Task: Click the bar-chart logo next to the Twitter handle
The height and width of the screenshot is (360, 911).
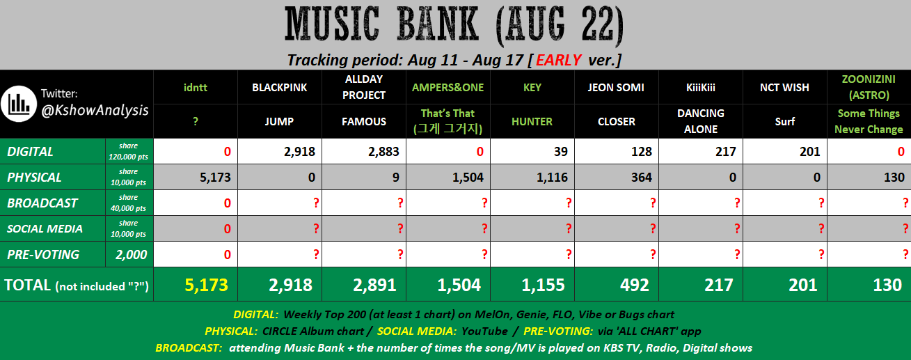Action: coord(19,104)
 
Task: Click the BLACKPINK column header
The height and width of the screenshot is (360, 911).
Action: coord(279,88)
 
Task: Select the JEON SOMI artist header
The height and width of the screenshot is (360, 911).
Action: coord(616,88)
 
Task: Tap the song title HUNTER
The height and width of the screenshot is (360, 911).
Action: coord(532,122)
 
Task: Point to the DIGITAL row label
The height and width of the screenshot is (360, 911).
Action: coord(30,151)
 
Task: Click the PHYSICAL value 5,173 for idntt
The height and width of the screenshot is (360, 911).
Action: coord(215,178)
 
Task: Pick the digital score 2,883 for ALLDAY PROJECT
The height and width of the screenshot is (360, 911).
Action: coord(383,151)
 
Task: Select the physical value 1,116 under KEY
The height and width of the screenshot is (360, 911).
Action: coord(552,178)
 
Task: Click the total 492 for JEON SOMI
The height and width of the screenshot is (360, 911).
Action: coord(635,285)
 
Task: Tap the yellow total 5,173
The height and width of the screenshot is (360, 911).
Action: coord(206,285)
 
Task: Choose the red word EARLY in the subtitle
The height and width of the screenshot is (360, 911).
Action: coord(558,60)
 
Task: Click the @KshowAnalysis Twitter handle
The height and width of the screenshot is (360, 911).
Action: coord(95,110)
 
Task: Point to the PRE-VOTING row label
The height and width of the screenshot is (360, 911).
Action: coord(43,254)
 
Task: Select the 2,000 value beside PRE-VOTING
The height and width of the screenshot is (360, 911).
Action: coord(131,254)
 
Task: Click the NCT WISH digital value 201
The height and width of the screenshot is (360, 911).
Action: coord(809,151)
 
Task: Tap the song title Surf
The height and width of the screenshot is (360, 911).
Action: coord(784,122)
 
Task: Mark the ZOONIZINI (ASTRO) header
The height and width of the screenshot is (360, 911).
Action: coord(869,87)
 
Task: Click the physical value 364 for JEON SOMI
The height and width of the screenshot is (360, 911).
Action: coord(642,178)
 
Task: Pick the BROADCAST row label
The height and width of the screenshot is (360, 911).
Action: coord(42,203)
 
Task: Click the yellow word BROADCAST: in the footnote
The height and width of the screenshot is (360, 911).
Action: coord(189,347)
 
